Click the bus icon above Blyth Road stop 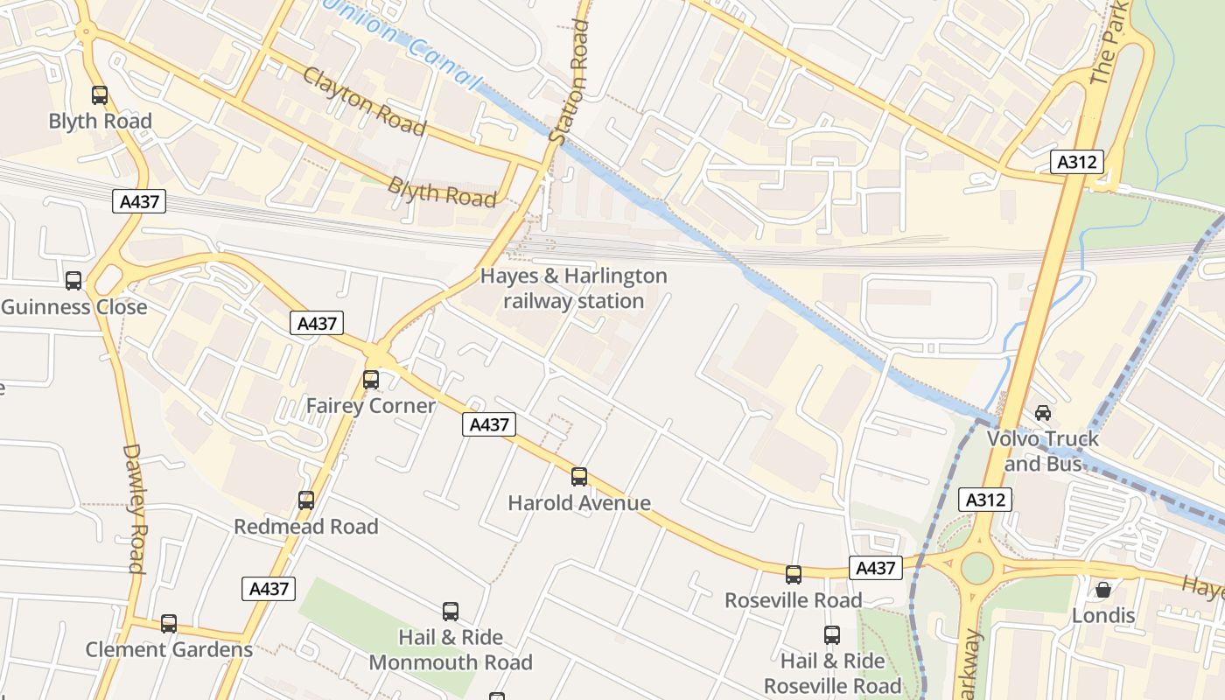click(100, 95)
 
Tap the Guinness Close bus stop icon click(73, 281)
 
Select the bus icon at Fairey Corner click(371, 380)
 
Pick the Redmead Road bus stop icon click(306, 500)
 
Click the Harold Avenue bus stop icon click(579, 477)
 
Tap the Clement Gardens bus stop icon click(169, 624)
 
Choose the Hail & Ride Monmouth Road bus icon click(451, 612)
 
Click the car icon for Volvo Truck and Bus click(1043, 412)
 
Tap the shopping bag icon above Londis click(1103, 590)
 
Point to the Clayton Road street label click(364, 101)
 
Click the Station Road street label click(570, 82)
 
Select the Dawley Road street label click(133, 508)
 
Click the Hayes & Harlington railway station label click(573, 289)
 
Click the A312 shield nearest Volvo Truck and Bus click(986, 500)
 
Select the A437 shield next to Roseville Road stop click(875, 568)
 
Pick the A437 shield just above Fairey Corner click(317, 323)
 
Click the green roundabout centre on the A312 click(977, 568)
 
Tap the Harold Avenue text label click(579, 503)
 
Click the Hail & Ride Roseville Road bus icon click(832, 635)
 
